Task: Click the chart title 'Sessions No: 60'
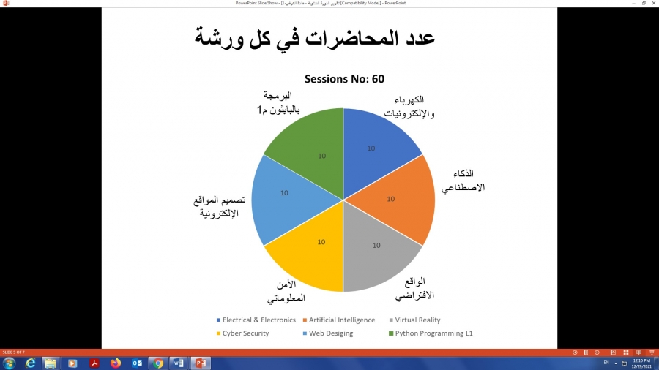(x=344, y=79)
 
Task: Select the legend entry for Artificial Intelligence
(x=341, y=320)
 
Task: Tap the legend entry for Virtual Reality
(x=417, y=320)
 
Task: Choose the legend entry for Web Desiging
(x=329, y=333)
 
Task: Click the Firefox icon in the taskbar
(x=115, y=363)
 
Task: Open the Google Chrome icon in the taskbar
(x=157, y=363)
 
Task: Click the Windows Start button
(x=10, y=363)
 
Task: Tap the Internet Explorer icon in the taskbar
(x=30, y=363)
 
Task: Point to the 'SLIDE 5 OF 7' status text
(x=13, y=352)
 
